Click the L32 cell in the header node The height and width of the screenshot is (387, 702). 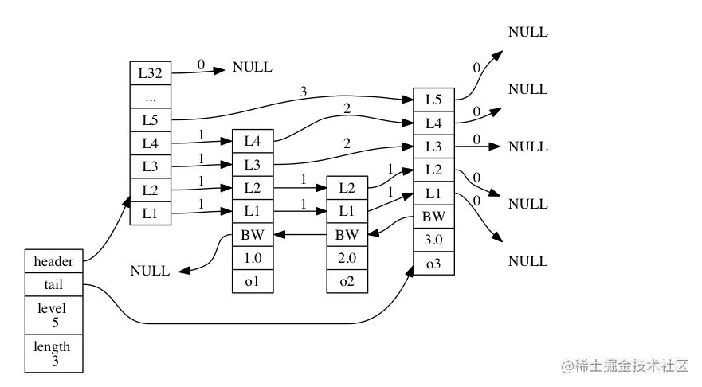pos(151,73)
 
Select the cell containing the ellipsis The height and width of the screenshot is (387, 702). pos(151,96)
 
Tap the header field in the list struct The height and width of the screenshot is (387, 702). pos(53,261)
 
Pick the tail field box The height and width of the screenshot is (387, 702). pos(53,284)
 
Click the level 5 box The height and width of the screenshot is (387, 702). pos(53,315)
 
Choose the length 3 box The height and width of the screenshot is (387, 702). pos(53,353)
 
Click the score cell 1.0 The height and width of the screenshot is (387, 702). pos(253,258)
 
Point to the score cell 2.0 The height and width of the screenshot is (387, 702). pos(347,258)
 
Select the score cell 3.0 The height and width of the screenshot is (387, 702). pos(433,240)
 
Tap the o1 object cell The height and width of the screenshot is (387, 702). pos(253,281)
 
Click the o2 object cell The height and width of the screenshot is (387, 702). pos(347,281)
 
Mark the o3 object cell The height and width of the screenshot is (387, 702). pos(433,263)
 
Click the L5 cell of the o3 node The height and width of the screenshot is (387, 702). pos(433,100)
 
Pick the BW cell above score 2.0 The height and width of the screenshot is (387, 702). pos(347,234)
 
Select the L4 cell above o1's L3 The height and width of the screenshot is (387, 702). pos(253,142)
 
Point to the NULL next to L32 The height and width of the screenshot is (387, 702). pos(253,67)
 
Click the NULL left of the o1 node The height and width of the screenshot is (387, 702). pos(150,271)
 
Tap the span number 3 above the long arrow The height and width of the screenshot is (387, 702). pos(304,92)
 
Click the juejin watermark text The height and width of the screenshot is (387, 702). pos(625,366)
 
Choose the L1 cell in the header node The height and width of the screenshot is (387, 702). pos(151,213)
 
